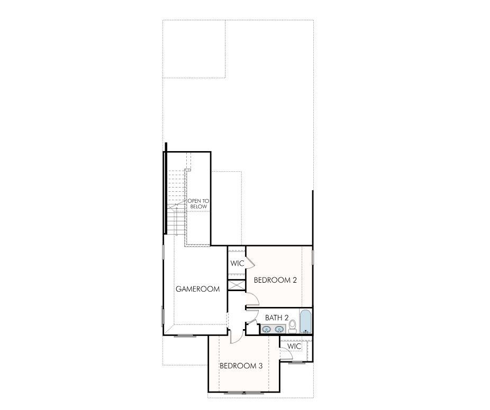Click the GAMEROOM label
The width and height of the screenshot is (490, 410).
click(x=197, y=289)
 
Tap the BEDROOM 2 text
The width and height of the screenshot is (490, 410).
click(x=275, y=280)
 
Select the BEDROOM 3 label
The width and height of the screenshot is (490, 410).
click(x=241, y=366)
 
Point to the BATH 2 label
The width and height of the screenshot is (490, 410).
click(x=277, y=318)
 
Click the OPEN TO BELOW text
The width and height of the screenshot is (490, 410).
click(x=198, y=203)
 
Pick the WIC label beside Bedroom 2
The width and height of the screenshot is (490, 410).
click(x=237, y=263)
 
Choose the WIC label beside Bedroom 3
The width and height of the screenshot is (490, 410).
click(x=294, y=347)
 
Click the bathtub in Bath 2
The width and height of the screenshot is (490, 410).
click(x=305, y=321)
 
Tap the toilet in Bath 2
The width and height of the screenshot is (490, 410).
click(x=293, y=326)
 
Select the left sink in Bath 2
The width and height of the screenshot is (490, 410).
click(x=267, y=330)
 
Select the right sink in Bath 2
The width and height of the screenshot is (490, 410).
click(x=279, y=330)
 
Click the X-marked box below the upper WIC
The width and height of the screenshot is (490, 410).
click(x=237, y=285)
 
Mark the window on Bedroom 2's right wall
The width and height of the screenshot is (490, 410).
click(x=313, y=257)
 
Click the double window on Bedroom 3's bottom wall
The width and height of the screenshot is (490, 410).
click(x=243, y=393)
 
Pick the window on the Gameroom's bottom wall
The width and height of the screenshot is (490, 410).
click(x=185, y=336)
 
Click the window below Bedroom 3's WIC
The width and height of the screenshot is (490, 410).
click(x=296, y=362)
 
